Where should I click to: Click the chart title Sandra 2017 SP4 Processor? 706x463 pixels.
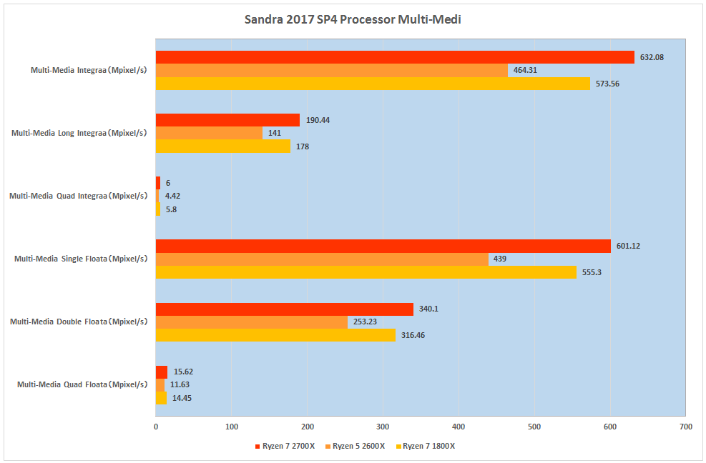coord(353,20)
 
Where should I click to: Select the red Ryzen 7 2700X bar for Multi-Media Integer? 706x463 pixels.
coord(395,57)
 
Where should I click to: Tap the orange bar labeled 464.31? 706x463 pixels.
coord(332,70)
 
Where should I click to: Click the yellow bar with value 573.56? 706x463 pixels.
coord(373,84)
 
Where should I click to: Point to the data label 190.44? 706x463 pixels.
coord(318,120)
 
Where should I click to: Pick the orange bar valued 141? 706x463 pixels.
coord(209,133)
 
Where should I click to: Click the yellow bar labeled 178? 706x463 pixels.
coord(223,146)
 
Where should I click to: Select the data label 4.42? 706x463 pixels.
coord(172,196)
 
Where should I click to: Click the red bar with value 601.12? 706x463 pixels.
coord(383,246)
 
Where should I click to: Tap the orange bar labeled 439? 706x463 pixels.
coord(322,259)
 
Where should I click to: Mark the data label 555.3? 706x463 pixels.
coord(592,272)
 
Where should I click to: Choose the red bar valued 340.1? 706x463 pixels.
coord(285,309)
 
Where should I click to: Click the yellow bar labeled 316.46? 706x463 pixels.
coord(275,335)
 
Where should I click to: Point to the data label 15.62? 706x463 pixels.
coord(183,372)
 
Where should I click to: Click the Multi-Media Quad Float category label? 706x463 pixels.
coord(82,384)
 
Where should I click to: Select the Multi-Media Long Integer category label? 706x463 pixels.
coord(79,133)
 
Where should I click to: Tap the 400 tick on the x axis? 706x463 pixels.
coord(459,427)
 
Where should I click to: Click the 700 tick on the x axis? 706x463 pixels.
coord(686,427)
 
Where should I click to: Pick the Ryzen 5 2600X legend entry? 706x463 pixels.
coord(356,446)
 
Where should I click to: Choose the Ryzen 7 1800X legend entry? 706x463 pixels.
coord(426,446)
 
